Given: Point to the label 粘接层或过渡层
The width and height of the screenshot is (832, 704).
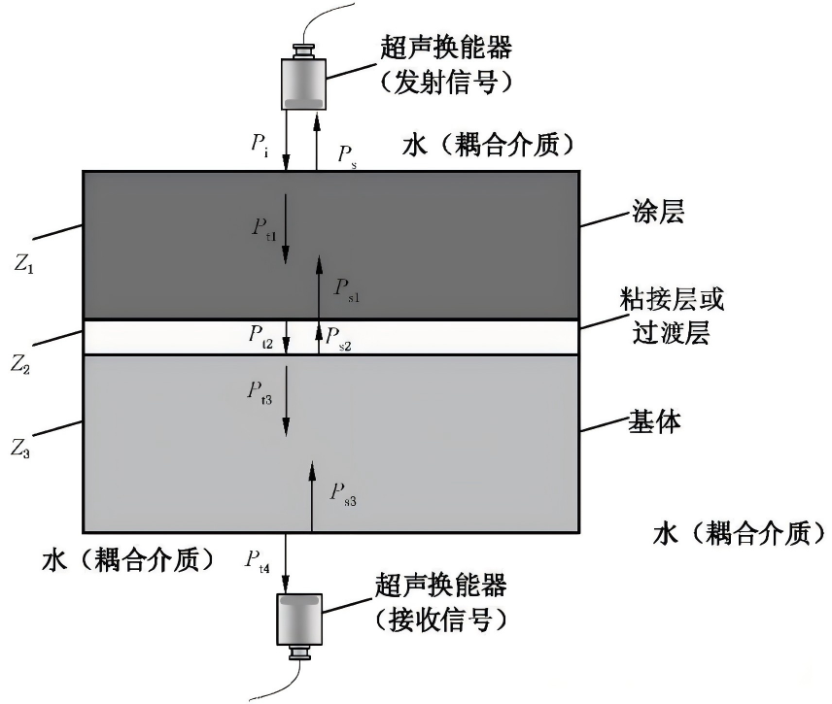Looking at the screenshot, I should (672, 317).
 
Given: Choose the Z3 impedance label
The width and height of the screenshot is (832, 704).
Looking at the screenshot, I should (23, 450).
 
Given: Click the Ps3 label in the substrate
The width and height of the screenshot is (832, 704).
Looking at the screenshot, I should (343, 493).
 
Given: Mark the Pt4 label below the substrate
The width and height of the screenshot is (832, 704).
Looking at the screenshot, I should (258, 559).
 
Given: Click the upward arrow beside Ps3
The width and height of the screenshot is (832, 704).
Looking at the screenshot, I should (312, 496).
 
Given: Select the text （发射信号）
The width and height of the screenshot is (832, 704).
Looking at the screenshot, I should (447, 83).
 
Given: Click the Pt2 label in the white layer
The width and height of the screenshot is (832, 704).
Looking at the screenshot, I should (260, 337).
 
